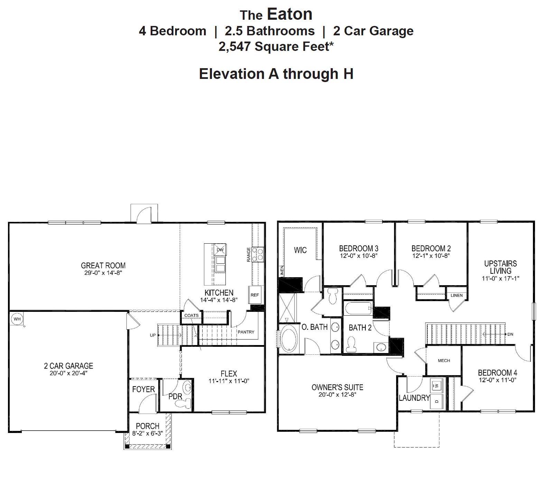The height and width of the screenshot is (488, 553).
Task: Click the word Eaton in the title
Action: [x=290, y=14]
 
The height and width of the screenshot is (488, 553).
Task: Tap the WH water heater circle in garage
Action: [x=17, y=319]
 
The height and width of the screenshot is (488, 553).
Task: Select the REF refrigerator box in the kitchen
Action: [x=255, y=295]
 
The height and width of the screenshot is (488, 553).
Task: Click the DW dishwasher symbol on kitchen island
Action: [x=220, y=250]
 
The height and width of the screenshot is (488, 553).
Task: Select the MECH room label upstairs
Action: [x=444, y=361]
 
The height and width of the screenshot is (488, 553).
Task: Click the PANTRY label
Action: [x=246, y=332]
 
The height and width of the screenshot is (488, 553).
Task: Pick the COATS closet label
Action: [x=191, y=315]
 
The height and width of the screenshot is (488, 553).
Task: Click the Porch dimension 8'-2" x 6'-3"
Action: [x=148, y=433]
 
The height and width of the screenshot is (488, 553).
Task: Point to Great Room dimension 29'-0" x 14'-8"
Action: [x=103, y=273]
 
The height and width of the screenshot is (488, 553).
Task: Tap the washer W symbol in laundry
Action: [x=436, y=385]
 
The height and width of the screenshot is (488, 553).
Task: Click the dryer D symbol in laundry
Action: [x=436, y=401]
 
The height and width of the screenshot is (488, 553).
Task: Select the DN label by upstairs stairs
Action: [x=510, y=334]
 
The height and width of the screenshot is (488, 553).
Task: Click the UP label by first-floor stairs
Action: [x=153, y=335]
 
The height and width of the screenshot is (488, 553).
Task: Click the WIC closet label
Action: [x=300, y=250]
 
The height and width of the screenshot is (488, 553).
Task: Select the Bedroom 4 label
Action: [x=497, y=373]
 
